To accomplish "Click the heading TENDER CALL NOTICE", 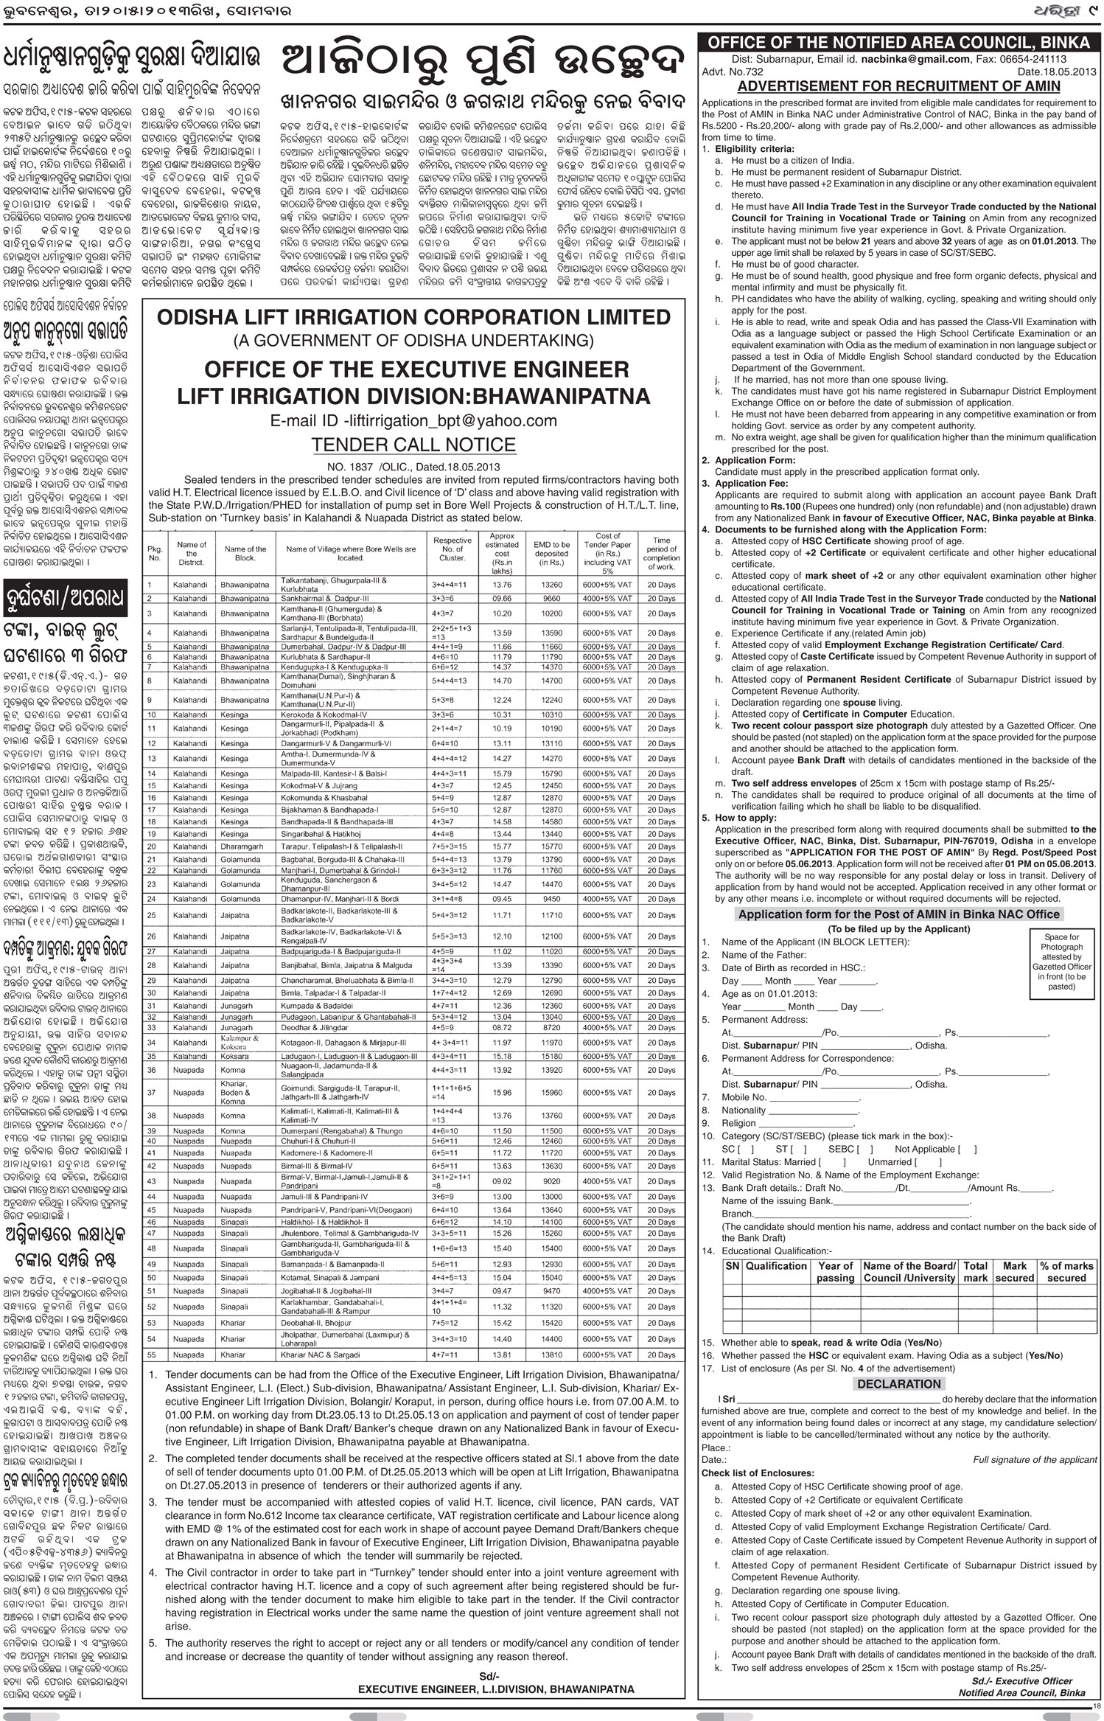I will [413, 445].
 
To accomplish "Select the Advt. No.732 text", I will [733, 72].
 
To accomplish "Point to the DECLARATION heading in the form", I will [899, 1384].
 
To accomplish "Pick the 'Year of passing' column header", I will [835, 1271].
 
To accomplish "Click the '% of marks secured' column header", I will [1066, 1271].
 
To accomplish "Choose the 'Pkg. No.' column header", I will [155, 553].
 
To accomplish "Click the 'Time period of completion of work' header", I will [661, 553].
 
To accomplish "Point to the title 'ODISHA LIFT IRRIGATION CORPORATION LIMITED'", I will [413, 317].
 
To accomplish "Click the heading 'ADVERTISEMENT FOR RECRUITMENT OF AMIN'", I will [899, 86].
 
